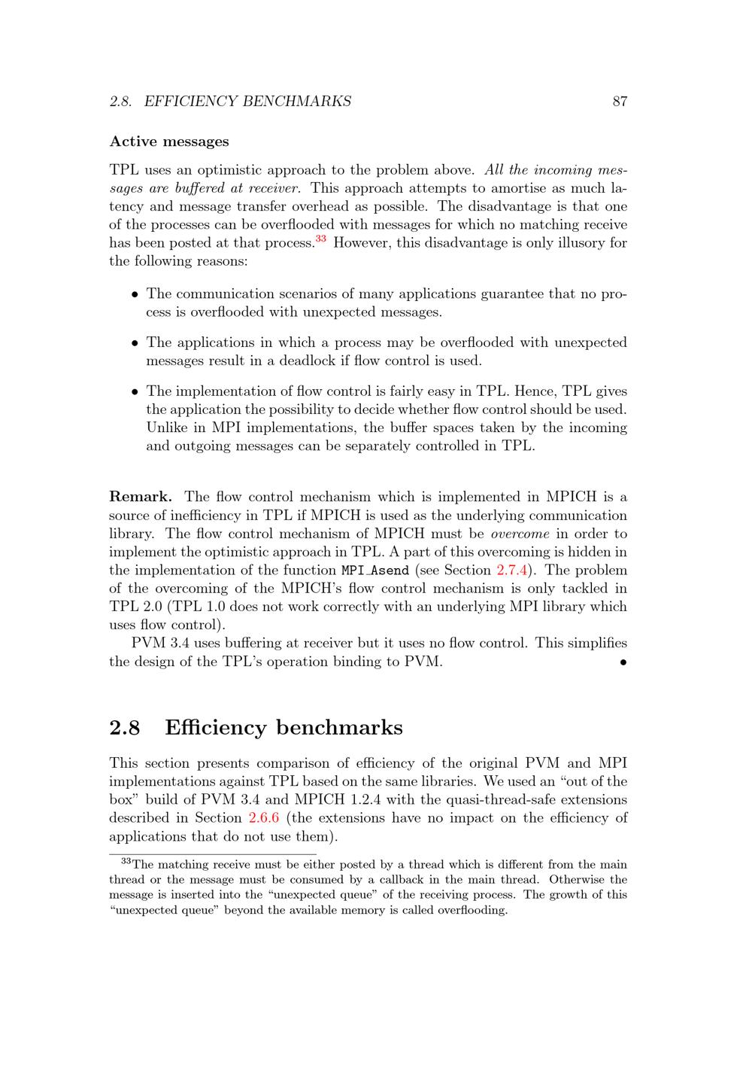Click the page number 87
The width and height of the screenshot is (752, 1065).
coord(620,102)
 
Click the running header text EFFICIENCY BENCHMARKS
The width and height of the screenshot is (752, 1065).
coord(247,102)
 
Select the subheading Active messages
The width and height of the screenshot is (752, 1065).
coord(169,141)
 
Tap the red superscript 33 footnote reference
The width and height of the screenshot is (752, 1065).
coord(321,239)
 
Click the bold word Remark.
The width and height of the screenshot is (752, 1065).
coord(141,497)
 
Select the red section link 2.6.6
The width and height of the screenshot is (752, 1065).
coord(263,818)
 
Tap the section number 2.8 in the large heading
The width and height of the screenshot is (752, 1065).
coord(125,728)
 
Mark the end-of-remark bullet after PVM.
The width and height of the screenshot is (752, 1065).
coord(623,663)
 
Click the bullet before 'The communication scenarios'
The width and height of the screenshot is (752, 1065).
coord(135,295)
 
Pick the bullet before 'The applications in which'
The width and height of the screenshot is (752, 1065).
coord(135,343)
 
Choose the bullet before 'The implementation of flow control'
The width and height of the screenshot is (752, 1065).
coord(135,392)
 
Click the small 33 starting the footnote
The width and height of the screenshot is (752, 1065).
coord(126,862)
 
